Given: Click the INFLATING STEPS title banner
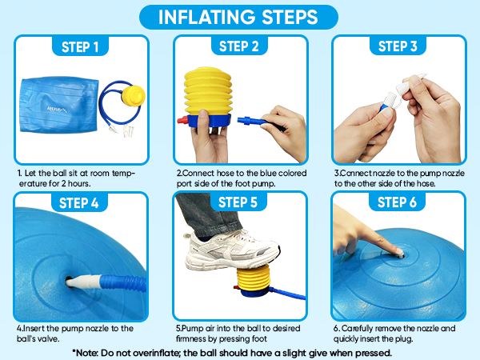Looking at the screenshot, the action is point(238,17).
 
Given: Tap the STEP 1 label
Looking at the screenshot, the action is point(80,47).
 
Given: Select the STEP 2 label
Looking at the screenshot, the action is point(239,46).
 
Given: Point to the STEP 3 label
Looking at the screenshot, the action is point(398,46).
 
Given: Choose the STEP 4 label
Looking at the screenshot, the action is point(79,202).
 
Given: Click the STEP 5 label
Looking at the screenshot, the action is point(238,202).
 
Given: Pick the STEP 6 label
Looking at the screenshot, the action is point(397,202).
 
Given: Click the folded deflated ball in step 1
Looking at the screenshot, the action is point(59,105).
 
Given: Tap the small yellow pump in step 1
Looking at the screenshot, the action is point(133,95).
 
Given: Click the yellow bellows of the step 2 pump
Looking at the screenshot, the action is point(208,91).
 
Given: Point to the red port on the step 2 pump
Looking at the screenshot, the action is point(182,120).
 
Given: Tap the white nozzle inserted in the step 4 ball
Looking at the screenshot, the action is point(83,282).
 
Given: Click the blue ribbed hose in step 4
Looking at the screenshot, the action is point(123,283).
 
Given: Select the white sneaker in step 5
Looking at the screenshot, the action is point(232,250).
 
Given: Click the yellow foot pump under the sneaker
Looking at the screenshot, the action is point(254,281).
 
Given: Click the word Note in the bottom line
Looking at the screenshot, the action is point(86,353).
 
